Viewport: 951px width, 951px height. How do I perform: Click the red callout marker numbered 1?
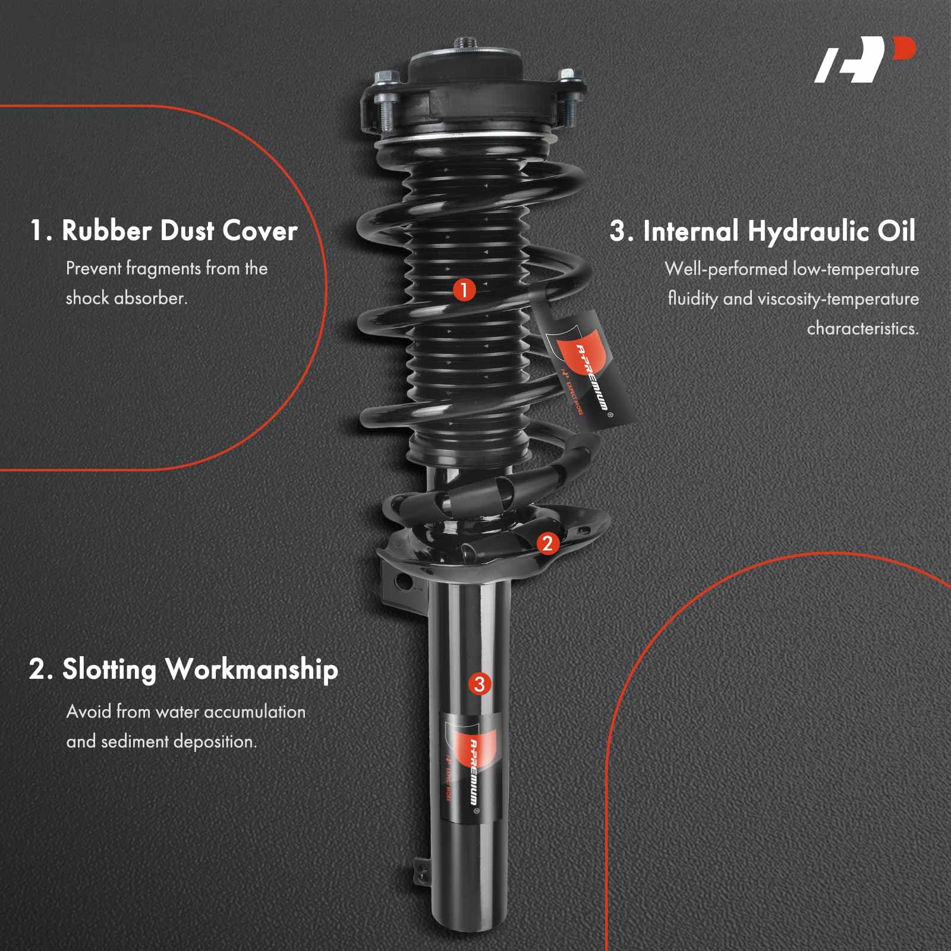464,290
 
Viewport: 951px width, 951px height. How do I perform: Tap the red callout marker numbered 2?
547,543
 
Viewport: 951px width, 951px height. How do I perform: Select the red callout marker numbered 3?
480,684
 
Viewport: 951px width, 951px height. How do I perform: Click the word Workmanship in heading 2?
251,670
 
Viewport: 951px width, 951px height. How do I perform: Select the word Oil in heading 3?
896,231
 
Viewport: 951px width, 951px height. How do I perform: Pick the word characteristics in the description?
862,328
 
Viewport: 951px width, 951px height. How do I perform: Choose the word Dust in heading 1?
187,231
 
